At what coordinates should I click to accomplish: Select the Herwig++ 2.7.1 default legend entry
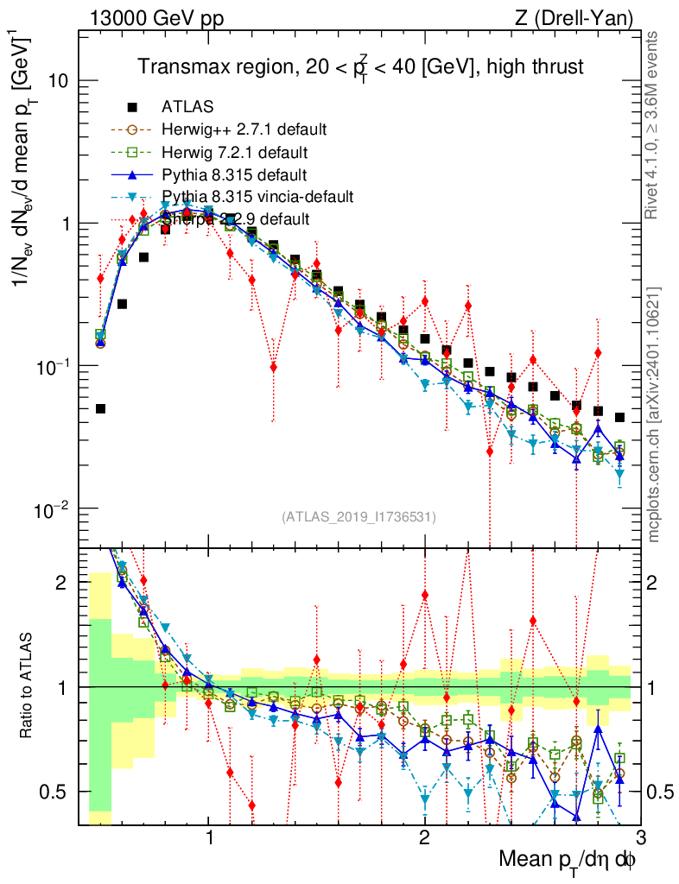(244, 129)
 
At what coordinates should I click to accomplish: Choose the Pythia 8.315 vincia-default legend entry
(257, 197)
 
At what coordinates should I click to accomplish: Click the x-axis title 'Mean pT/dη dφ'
(569, 860)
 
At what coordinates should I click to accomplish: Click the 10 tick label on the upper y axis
(59, 80)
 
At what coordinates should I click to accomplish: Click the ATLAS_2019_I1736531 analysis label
(359, 517)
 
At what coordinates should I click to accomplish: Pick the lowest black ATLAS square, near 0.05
(100, 408)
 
